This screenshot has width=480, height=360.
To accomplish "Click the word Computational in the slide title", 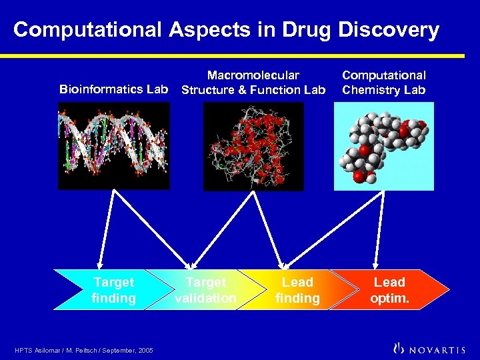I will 87,30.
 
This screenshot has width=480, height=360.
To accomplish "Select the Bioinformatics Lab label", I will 113,89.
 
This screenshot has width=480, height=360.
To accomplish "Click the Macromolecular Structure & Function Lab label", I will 253,83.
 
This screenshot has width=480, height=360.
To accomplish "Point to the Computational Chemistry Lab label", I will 384,83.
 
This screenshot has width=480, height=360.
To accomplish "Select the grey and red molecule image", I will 384,146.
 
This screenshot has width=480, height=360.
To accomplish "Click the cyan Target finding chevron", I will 110,290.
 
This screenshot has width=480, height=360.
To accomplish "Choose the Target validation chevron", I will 203,290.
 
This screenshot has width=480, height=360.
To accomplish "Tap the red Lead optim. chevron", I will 390,290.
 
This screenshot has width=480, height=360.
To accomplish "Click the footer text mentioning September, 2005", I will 83,350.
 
